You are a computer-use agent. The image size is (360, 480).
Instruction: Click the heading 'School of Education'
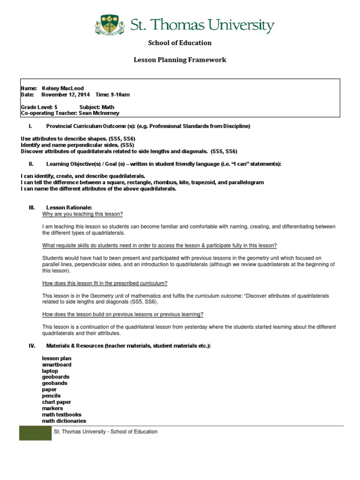(x=180, y=43)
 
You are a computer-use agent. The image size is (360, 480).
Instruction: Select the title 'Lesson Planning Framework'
(x=180, y=60)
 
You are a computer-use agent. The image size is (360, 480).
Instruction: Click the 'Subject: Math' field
(x=97, y=107)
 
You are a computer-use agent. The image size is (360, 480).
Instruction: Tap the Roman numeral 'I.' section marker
(x=30, y=126)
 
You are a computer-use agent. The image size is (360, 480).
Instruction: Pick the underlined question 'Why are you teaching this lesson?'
(x=82, y=214)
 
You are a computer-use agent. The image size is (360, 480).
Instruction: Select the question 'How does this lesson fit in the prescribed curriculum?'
(x=105, y=283)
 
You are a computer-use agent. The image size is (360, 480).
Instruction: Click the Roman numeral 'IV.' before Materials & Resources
(x=32, y=345)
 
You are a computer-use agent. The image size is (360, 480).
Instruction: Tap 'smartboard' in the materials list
(x=57, y=364)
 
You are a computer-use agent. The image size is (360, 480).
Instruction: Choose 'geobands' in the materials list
(x=55, y=383)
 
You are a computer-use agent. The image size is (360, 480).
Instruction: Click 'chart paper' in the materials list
(x=57, y=402)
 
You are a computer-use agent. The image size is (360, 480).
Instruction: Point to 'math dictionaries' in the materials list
(x=64, y=421)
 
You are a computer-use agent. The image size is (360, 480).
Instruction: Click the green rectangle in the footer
(x=35, y=433)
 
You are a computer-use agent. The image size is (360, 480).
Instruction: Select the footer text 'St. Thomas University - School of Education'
(x=106, y=432)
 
